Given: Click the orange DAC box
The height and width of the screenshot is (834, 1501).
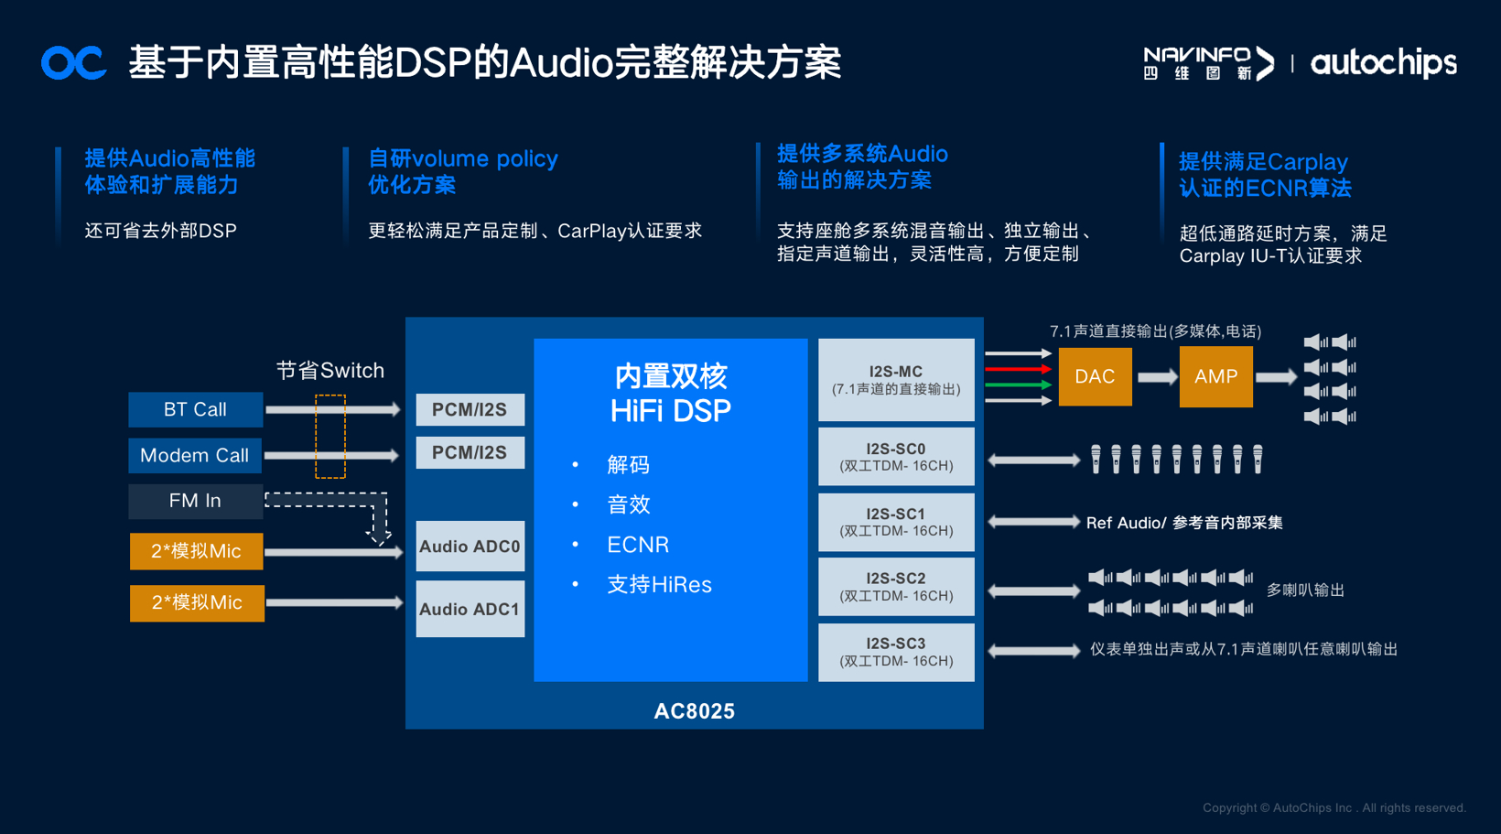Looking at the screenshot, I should coord(1095,376).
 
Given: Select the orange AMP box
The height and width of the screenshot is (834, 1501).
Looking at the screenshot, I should coord(1215,376).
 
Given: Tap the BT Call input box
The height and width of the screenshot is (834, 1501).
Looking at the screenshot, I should coord(195,409).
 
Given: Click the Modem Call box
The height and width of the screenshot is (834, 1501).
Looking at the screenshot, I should coord(195,455).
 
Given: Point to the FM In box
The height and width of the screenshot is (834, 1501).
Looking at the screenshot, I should coord(195,501).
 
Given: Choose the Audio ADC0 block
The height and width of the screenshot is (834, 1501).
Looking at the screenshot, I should coord(470,547).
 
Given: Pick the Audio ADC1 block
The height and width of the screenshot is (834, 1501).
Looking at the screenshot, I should coord(470,609).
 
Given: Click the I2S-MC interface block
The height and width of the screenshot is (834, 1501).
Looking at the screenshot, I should coord(895,380).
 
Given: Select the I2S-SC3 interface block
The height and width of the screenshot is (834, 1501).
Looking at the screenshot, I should coord(895,652).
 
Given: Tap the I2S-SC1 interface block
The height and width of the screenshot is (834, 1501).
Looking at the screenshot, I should coord(895,522).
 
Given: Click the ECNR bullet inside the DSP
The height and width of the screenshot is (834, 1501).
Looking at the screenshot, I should coord(637,545).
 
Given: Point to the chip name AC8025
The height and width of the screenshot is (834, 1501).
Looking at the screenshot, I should coord(694,711).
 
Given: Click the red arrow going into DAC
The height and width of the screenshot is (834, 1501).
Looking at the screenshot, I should coord(1017,369).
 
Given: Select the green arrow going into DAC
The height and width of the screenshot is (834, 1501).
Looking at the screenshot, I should coord(1017,385).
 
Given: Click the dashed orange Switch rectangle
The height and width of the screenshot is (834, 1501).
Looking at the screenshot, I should coord(330,437).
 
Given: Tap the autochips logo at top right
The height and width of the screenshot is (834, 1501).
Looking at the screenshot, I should coord(1383,63).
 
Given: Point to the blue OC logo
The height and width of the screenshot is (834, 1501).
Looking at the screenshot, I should coord(73,63).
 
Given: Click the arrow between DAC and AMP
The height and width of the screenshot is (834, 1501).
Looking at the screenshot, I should coord(1156,377).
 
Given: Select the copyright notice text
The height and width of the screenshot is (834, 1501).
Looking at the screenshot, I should coord(1334,807).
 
